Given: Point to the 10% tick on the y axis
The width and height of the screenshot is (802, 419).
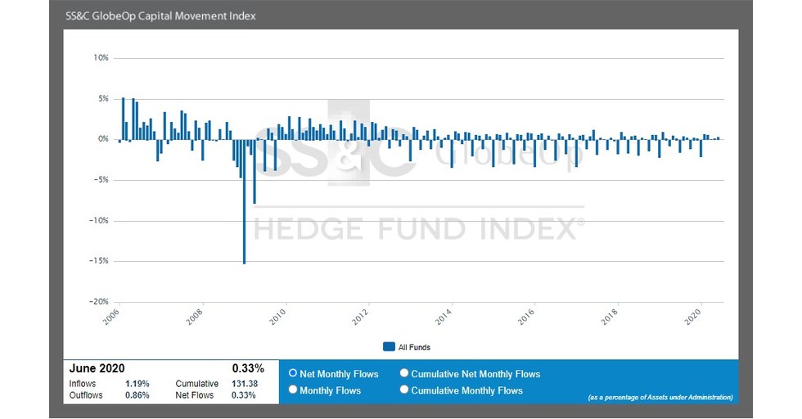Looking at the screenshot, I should (x=101, y=58).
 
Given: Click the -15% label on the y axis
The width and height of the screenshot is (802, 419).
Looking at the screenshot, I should (x=100, y=261).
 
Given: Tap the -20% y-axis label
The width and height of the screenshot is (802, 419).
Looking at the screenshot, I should (x=100, y=302).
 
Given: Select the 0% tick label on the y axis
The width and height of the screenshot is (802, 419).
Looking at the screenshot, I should (x=103, y=139).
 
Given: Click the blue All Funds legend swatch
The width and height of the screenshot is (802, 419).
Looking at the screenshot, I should (x=390, y=347).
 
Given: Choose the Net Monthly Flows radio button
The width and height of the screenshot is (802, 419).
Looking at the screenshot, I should (x=293, y=373).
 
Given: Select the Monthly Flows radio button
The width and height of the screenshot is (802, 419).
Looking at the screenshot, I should (x=293, y=390).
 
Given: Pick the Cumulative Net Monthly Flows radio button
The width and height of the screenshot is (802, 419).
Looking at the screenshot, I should (x=404, y=373).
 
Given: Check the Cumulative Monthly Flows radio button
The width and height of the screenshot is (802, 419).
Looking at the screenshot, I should (x=404, y=390).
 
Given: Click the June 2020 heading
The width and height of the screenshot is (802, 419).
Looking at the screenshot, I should (x=97, y=369).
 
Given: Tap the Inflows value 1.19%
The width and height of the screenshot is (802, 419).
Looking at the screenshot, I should (x=136, y=384).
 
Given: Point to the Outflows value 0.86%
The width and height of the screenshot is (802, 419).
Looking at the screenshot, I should (x=136, y=395).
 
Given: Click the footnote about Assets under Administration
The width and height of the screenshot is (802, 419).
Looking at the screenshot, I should (x=660, y=398).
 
